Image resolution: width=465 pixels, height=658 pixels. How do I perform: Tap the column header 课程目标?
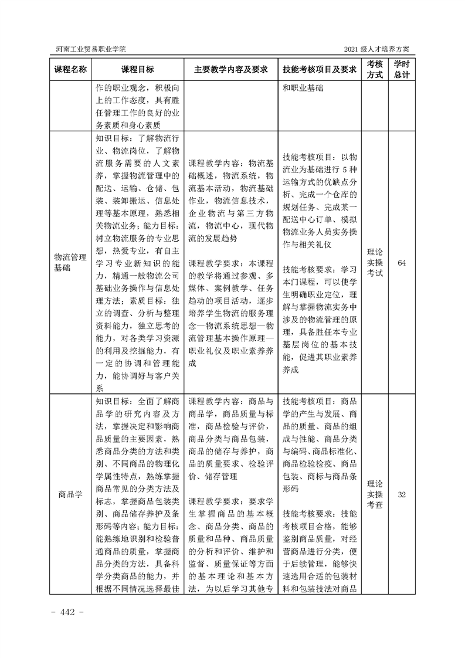pyautogui.click(x=138, y=69)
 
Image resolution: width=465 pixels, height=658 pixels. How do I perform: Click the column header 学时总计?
pyautogui.click(x=402, y=69)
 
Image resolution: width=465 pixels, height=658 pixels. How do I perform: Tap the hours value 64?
pyautogui.click(x=402, y=262)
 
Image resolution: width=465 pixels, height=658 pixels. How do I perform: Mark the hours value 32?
pyautogui.click(x=402, y=494)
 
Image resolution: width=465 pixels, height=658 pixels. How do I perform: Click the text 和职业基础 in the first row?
pyautogui.click(x=304, y=88)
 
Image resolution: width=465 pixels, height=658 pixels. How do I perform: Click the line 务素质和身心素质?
pyautogui.click(x=128, y=125)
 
